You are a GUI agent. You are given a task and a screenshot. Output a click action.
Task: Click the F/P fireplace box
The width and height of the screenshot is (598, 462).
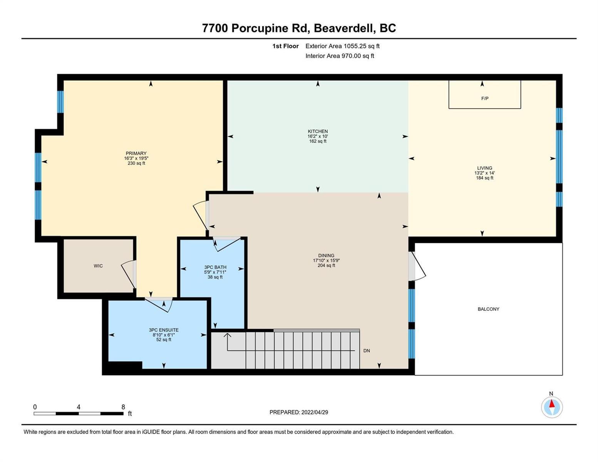(485, 94)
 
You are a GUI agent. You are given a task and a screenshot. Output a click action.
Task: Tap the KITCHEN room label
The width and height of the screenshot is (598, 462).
(318, 132)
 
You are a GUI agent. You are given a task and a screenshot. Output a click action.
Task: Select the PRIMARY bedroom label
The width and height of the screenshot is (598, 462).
(136, 153)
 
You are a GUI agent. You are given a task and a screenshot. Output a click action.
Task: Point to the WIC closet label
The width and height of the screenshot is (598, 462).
(98, 266)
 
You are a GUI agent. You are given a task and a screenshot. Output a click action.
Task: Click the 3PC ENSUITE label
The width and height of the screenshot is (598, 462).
(164, 330)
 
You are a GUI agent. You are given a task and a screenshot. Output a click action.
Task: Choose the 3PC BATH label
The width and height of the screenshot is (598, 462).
(215, 267)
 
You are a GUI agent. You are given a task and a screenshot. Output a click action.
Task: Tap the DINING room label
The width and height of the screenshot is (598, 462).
(326, 256)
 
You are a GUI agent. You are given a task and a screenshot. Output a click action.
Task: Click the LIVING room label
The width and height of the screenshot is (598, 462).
(485, 168)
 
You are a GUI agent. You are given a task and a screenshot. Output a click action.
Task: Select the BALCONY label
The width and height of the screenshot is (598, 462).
(489, 309)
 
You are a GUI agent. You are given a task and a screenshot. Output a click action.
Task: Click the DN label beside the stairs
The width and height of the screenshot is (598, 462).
(367, 351)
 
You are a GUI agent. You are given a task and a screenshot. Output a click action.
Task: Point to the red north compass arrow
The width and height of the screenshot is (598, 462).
(551, 403)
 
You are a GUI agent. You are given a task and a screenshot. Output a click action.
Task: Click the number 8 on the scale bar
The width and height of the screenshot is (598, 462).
(123, 407)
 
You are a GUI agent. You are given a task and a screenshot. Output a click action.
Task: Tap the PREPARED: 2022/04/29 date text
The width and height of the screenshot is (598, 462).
(298, 412)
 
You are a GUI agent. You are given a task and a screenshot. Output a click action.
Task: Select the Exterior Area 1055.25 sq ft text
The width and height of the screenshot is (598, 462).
(342, 46)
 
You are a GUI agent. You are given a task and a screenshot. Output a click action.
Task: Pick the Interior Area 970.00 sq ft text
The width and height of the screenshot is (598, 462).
(340, 56)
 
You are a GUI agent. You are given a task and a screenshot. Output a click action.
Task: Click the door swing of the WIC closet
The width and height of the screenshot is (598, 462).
(128, 274)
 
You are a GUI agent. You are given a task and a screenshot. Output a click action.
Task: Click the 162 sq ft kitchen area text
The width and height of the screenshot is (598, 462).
(318, 141)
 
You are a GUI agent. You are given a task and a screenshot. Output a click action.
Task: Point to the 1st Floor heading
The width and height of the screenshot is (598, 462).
(285, 46)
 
